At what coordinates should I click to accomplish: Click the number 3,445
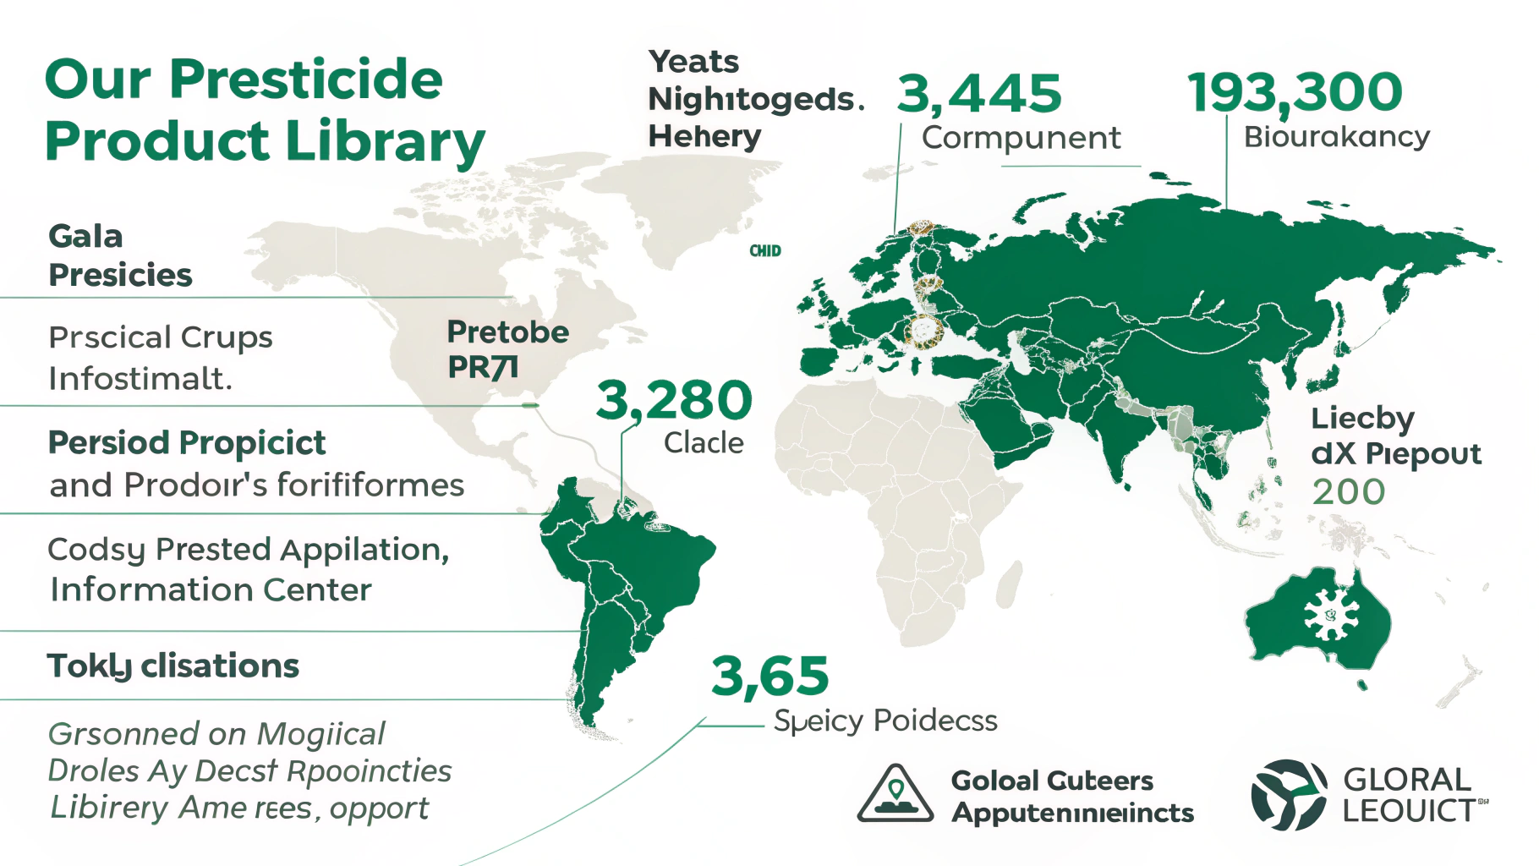979,93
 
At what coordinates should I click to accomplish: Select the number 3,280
674,400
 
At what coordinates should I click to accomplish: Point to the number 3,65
769,676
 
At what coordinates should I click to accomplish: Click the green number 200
1348,492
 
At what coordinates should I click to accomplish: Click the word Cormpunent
1021,138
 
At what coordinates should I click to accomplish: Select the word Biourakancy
1336,136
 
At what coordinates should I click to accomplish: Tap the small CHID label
765,251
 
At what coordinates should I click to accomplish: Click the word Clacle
704,443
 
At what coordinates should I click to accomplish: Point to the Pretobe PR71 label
507,349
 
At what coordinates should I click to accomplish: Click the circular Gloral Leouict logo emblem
1288,794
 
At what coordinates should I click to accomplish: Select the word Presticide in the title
305,79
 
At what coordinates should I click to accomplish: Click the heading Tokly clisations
173,666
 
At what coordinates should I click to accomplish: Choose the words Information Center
211,590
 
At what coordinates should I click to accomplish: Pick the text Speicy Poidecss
885,721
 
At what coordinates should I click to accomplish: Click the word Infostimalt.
140,379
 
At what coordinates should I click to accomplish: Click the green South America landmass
626,575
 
